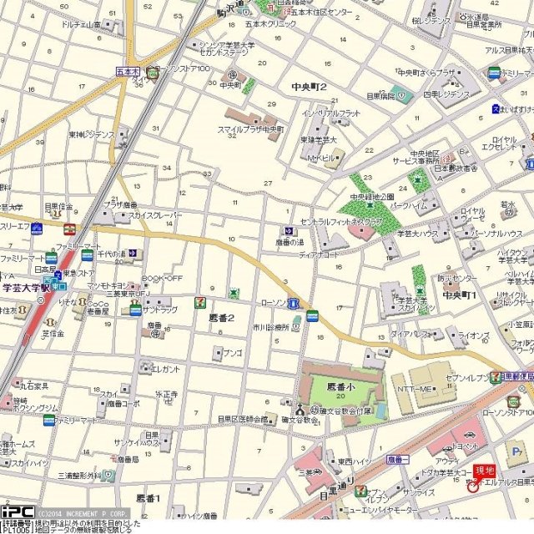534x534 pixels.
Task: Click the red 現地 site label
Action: tap(484, 471)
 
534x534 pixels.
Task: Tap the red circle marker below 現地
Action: tap(472, 486)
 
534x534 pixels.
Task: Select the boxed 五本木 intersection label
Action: tap(127, 72)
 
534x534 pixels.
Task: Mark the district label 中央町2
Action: tap(309, 87)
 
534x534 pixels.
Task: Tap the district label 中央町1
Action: tap(459, 295)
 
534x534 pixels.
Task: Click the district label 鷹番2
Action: tap(220, 318)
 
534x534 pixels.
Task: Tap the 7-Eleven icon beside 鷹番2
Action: tap(199, 301)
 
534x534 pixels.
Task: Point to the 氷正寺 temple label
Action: tap(166, 393)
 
